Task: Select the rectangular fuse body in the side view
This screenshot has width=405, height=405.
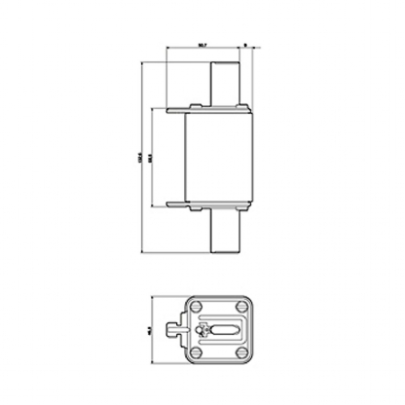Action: click(x=216, y=157)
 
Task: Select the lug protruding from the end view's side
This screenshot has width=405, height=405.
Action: click(x=174, y=330)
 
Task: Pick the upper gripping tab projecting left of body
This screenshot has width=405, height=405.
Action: click(x=175, y=111)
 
